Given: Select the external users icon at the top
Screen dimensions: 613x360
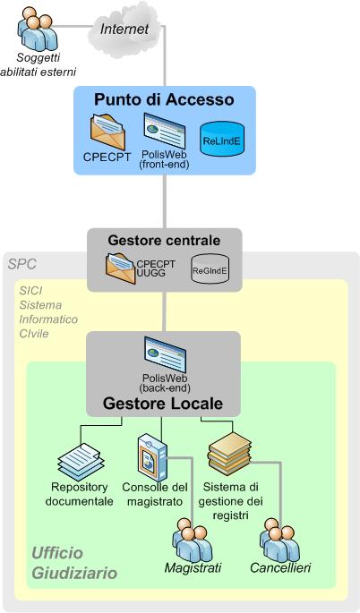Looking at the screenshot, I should coord(38,31).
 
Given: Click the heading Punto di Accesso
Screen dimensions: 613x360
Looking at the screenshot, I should coord(164,99).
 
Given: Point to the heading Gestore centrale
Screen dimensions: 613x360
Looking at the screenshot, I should coord(164,241).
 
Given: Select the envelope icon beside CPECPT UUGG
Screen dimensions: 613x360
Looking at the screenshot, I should coord(119,268).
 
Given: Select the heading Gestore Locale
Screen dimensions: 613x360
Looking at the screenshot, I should coord(163,404).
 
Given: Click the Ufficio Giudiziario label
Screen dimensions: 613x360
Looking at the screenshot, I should coord(74,563).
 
